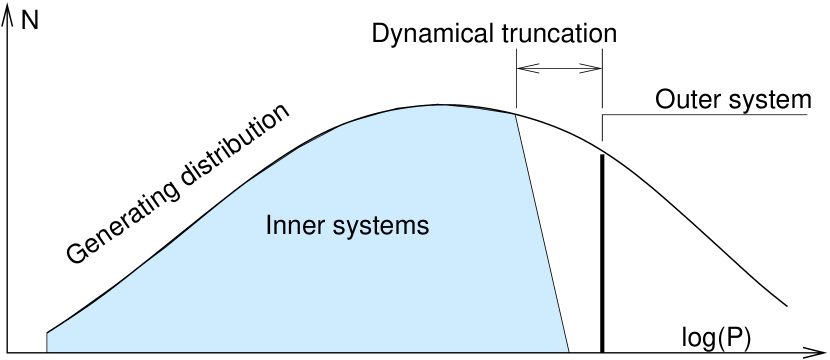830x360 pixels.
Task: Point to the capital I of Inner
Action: pos(269,226)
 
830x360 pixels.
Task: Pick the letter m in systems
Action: pos(403,228)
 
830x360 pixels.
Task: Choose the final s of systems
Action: pos(423,228)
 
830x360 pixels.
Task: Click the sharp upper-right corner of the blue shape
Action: pos(515,115)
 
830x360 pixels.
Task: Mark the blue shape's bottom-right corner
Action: pos(568,351)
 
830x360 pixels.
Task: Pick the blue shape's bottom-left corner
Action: pos(48,351)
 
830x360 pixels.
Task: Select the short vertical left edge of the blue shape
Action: pos(48,342)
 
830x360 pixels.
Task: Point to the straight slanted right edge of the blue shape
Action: pos(541,232)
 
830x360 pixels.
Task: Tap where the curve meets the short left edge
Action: pos(48,333)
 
